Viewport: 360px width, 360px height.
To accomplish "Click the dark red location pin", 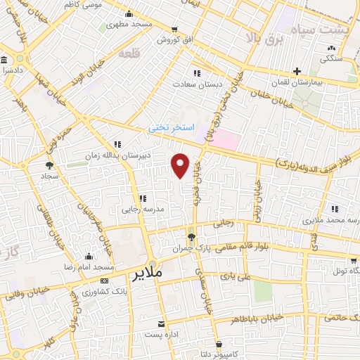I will [181, 165].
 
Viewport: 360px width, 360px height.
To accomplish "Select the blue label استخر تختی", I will [169, 129].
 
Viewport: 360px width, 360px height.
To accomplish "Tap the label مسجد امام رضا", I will [88, 269].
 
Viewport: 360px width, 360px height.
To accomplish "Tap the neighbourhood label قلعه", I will [130, 53].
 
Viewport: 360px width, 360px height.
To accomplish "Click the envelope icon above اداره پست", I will [163, 324].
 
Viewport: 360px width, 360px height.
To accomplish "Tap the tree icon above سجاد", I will [49, 166].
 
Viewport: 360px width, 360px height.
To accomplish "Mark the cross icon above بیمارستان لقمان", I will [297, 71].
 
